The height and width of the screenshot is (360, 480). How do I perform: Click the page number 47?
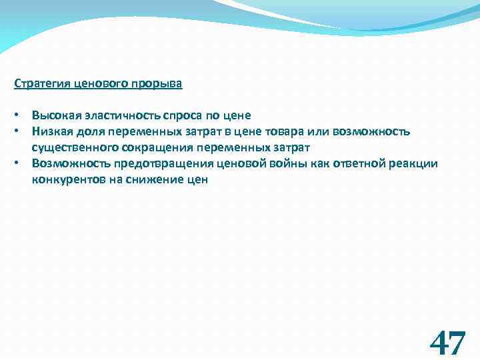coord(447,343)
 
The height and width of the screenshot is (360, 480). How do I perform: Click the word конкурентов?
coord(65,179)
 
